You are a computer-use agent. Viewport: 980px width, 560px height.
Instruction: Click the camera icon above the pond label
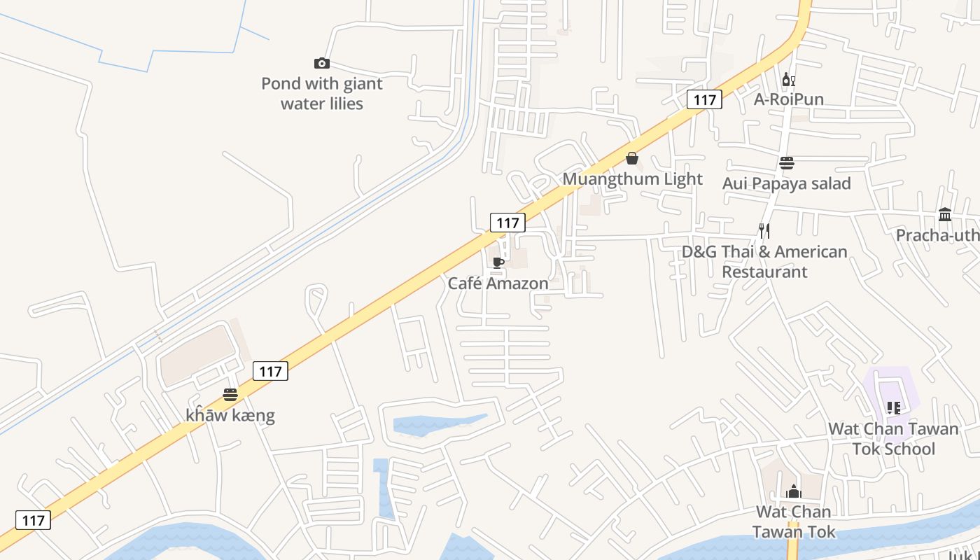point(322,64)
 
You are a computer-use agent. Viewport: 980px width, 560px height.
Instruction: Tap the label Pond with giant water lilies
point(322,94)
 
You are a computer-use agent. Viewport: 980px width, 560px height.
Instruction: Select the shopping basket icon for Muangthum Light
point(632,159)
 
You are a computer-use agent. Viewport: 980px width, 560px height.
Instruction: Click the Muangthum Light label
point(632,179)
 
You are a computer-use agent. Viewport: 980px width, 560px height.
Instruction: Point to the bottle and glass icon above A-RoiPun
point(788,80)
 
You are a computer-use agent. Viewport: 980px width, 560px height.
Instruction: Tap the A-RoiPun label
point(788,99)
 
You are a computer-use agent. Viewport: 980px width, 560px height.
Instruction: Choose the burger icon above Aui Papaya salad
point(787,163)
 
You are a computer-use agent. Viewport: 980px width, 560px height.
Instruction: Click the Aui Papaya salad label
point(787,183)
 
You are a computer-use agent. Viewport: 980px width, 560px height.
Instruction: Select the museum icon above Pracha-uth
point(945,214)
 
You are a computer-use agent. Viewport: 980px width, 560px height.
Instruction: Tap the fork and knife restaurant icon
point(764,230)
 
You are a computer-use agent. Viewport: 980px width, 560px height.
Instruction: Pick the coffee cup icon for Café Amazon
point(498,263)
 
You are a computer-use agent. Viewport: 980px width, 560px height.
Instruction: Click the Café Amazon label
point(498,283)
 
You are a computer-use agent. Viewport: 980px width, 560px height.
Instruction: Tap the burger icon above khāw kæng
point(230,395)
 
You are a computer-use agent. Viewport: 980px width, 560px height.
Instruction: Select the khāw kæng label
point(230,415)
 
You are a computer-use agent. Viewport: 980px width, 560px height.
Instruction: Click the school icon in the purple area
point(893,407)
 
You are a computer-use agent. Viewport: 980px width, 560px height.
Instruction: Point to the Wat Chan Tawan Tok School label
point(893,439)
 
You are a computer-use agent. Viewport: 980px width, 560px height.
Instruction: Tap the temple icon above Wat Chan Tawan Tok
point(793,491)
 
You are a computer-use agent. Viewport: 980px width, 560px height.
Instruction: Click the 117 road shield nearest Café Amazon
point(507,223)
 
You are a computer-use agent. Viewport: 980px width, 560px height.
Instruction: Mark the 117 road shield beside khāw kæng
point(270,371)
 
